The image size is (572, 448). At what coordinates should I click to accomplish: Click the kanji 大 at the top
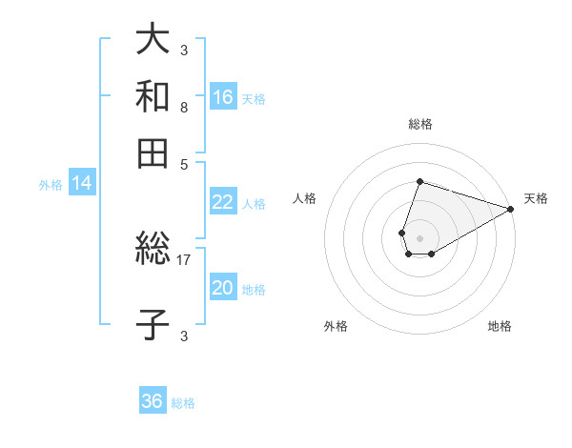click(x=153, y=40)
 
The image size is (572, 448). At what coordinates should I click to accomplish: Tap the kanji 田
click(x=153, y=153)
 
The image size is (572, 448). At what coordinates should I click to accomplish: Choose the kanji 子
click(x=153, y=325)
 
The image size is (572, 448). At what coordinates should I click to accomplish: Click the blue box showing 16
click(x=223, y=97)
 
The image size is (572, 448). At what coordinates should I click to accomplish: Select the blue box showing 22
click(x=223, y=202)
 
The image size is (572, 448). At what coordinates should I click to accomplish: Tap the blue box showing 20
click(x=223, y=288)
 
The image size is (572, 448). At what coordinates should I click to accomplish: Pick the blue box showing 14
click(x=82, y=184)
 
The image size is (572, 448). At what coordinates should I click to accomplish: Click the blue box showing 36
click(x=153, y=401)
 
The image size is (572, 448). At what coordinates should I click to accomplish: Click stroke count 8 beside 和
click(x=183, y=108)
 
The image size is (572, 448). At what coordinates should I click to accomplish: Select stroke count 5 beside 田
click(x=183, y=163)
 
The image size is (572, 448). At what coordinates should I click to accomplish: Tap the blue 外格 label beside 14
click(x=51, y=185)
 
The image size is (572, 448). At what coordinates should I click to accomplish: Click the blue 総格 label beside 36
click(x=183, y=403)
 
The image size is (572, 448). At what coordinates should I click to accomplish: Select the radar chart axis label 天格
click(x=536, y=199)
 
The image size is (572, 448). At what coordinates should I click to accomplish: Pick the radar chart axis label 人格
click(x=305, y=199)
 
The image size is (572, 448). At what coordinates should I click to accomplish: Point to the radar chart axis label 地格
click(x=500, y=327)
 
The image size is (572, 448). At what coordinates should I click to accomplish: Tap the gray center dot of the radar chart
click(x=419, y=236)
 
